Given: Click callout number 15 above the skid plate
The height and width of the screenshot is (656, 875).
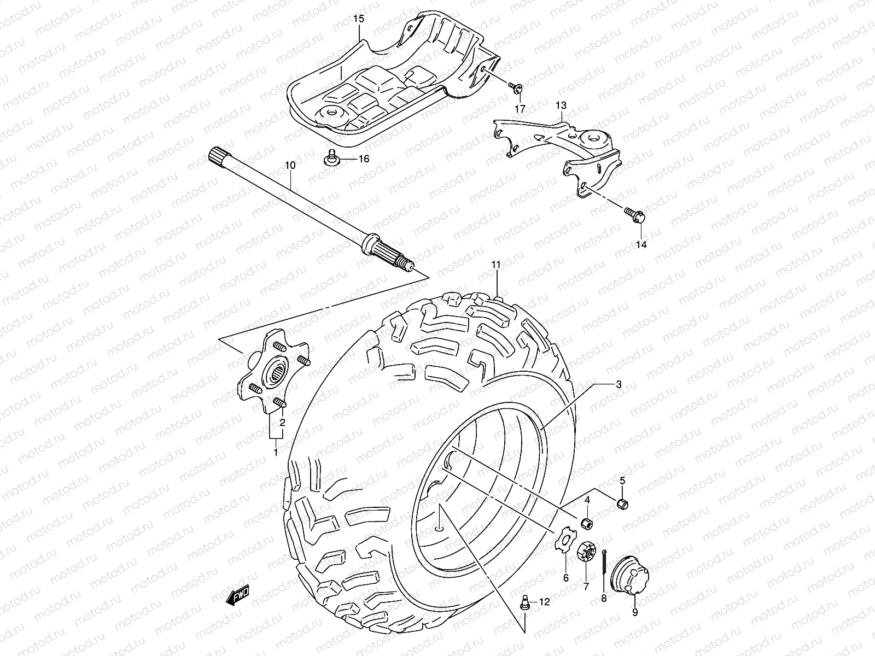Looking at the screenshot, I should point(358,19).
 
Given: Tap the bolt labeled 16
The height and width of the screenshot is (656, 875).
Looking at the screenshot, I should point(330,157).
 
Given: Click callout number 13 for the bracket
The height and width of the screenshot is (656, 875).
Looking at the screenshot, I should point(562,105).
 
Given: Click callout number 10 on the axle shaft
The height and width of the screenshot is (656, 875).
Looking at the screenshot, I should point(290,165).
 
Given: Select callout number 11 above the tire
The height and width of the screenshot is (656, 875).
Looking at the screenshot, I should point(495,265).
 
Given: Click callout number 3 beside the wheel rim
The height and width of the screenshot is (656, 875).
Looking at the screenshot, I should point(618,384).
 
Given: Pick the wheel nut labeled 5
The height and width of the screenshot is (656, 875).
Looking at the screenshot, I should point(623,503).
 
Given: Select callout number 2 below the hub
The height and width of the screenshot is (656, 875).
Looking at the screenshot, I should point(283,422).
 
